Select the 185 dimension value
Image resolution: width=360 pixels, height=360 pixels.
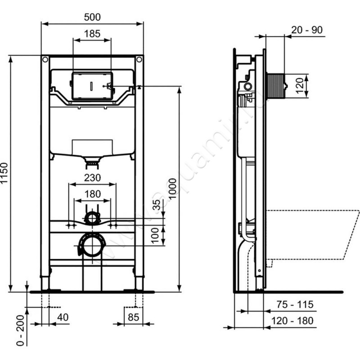pyautogui.click(x=92, y=34)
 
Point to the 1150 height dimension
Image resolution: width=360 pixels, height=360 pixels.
pyautogui.click(x=5, y=174)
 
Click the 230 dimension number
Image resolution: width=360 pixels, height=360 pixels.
pyautogui.click(x=92, y=178)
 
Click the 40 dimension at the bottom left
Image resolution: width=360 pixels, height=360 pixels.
pyautogui.click(x=63, y=317)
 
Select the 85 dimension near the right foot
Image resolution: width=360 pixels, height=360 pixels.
pyautogui.click(x=134, y=317)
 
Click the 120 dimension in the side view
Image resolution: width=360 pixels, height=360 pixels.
pyautogui.click(x=300, y=84)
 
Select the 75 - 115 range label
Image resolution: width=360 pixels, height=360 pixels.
pyautogui.click(x=295, y=305)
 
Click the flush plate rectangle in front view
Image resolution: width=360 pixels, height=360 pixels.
pyautogui.click(x=92, y=85)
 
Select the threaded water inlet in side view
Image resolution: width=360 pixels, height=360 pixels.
pyautogui.click(x=275, y=84)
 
